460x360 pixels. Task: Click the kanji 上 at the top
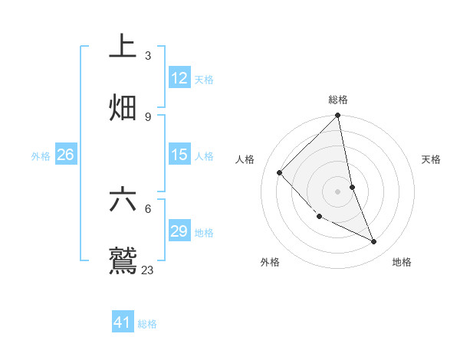pos(123,47)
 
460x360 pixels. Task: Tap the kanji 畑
pos(123,107)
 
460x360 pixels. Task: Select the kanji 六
pos(123,199)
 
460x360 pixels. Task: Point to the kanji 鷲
pos(123,260)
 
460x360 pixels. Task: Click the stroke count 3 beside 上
pos(148,56)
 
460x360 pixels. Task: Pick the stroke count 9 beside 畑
pos(148,116)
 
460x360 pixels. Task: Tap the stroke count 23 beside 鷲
pos(148,270)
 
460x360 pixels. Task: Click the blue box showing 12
pos(179,78)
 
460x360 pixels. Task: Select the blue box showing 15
pos(179,155)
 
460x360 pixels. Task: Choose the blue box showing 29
pos(179,231)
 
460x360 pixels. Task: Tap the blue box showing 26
pos(66,155)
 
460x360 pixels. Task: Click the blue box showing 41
pos(123,322)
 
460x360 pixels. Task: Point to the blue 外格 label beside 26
pos(41,156)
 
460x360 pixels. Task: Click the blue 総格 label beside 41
pos(147,324)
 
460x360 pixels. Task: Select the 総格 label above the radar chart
pos(338,100)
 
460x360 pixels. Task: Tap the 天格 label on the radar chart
pos(431,159)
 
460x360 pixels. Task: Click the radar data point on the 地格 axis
pos(374,241)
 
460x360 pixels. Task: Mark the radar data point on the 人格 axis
pos(280,172)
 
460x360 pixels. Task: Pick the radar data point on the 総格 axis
pos(338,116)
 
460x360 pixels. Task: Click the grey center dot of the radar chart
pos(338,191)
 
